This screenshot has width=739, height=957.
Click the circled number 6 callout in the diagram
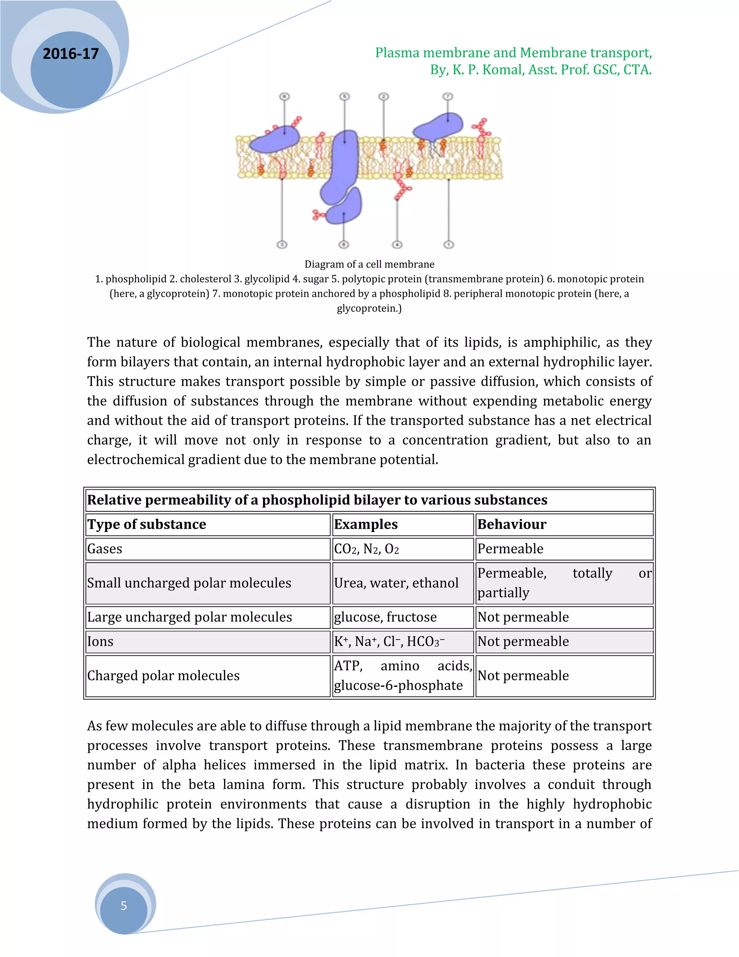pos(285,96)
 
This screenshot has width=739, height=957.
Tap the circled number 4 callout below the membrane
pos(397,244)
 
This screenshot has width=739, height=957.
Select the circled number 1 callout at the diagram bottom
pos(449,244)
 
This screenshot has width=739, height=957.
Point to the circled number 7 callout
pos(447,96)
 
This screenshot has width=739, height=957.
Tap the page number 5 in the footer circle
pos(124,906)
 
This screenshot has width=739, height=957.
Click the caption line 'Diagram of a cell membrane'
pos(369,264)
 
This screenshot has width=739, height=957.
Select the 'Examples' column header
pos(366,524)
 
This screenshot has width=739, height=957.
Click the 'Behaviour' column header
pos(512,524)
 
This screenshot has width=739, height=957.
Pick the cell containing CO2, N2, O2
pos(367,549)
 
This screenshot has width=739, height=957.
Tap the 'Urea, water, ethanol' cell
pos(396,583)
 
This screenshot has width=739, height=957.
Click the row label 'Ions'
pos(100,641)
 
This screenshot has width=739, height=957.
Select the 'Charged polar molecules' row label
pos(163,676)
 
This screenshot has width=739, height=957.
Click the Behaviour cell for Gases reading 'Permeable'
pos(511,549)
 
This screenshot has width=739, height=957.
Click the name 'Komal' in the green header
pos(503,70)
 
